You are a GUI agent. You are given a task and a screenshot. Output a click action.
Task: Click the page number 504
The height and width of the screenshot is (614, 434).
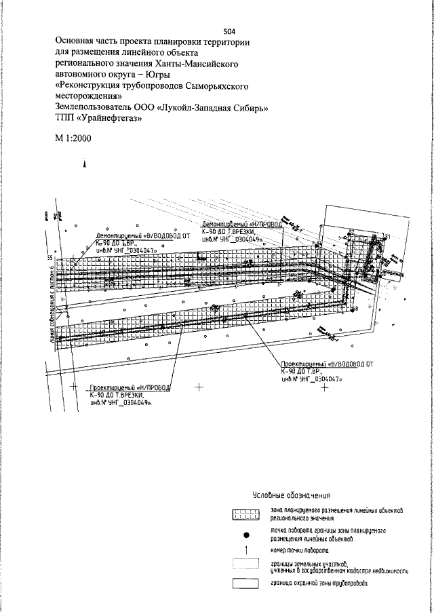[230, 31]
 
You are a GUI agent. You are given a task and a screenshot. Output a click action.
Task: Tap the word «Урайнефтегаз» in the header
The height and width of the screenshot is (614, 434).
[110, 117]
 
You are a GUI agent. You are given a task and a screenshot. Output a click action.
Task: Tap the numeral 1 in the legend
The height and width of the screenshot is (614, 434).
[245, 549]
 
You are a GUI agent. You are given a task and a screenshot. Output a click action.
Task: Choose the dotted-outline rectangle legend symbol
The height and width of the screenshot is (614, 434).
[245, 564]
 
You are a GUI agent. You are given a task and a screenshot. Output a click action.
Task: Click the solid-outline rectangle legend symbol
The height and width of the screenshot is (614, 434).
[245, 582]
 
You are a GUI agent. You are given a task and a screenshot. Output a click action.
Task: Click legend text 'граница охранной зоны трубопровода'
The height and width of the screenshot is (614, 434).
[319, 582]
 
